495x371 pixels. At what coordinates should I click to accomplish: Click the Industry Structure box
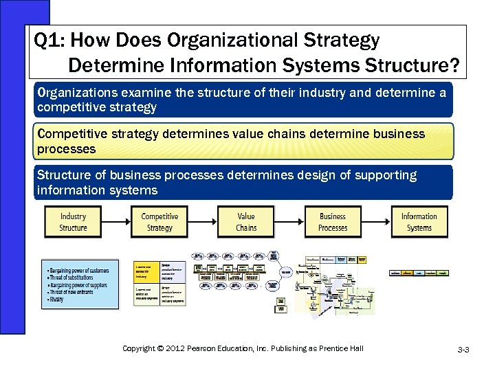pos(73,222)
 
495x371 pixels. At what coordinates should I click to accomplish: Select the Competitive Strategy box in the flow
pos(159,222)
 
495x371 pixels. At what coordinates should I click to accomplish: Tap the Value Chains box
pos(245,222)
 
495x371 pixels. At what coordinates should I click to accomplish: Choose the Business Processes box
pos(333,222)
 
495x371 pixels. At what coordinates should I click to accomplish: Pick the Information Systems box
pos(419,222)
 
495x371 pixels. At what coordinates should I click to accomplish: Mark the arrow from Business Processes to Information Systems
pos(376,222)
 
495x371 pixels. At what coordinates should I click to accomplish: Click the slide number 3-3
pos(463,350)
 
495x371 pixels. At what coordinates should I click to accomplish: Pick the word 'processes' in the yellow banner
pos(67,148)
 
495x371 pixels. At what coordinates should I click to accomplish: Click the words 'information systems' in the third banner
pos(97,190)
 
